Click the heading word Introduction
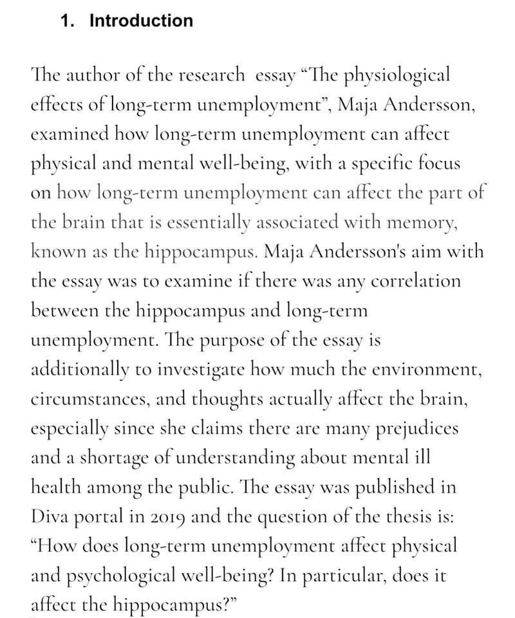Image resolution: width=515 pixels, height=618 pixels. tap(141, 21)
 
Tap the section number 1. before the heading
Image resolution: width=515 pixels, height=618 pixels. tap(67, 21)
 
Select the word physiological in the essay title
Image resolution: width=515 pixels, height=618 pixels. tap(386, 77)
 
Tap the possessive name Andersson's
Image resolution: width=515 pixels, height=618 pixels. tap(380, 252)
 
